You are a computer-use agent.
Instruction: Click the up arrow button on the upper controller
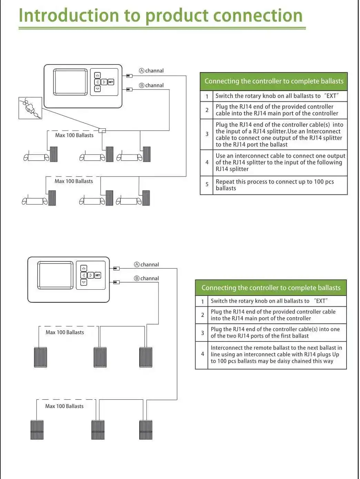(x=98, y=75)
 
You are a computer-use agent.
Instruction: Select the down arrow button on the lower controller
(x=83, y=282)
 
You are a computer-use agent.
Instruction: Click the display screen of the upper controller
(x=70, y=82)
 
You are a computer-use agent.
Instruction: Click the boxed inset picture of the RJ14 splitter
(x=30, y=108)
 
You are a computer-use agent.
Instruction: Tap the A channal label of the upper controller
(x=151, y=71)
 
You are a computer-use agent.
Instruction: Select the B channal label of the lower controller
(x=147, y=278)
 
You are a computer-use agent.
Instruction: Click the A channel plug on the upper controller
(x=129, y=76)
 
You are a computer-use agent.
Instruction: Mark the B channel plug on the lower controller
(x=116, y=282)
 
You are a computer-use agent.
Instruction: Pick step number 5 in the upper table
(x=207, y=184)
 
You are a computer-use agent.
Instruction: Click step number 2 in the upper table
(x=207, y=110)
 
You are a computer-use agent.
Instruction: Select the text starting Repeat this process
(x=274, y=185)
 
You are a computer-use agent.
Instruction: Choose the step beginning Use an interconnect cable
(x=280, y=162)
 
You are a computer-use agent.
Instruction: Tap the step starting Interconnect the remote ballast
(x=276, y=355)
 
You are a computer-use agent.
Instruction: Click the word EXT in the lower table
(x=321, y=301)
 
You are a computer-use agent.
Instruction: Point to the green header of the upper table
(x=274, y=81)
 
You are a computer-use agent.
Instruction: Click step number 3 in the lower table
(x=202, y=333)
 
